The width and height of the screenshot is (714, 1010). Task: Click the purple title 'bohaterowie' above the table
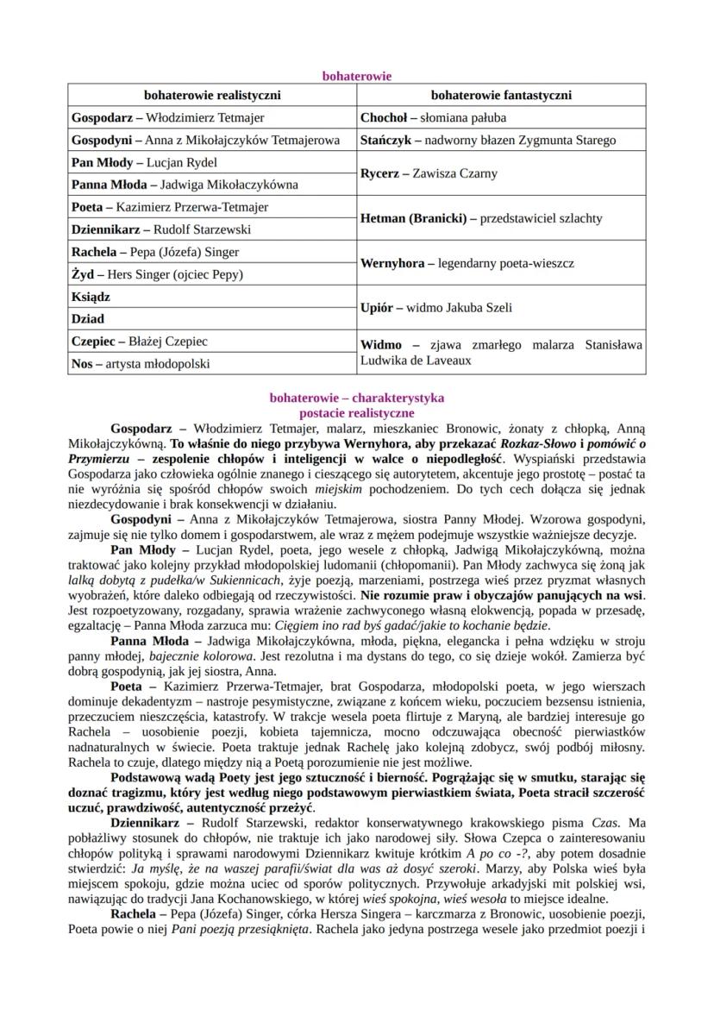tap(356, 76)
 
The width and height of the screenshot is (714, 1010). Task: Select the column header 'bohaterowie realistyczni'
tap(211, 96)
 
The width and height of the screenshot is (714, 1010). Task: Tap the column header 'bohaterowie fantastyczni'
tap(501, 96)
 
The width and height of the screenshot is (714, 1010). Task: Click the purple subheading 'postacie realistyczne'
tap(356, 413)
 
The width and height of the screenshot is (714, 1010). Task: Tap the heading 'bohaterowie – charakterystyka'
tap(356, 398)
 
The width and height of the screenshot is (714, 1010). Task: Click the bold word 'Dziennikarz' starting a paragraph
tap(144, 825)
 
